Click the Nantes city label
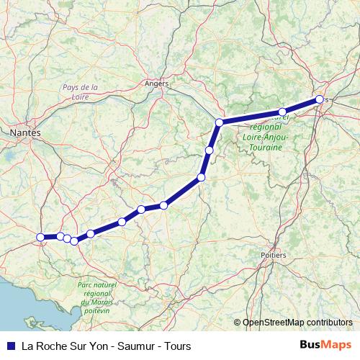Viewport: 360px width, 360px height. pyautogui.click(x=26, y=132)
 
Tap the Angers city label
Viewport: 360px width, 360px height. pyautogui.click(x=156, y=84)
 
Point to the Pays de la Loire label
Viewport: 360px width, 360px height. pyautogui.click(x=80, y=91)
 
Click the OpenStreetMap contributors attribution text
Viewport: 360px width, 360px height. pyautogui.click(x=297, y=323)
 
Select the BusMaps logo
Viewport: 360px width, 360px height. pyautogui.click(x=325, y=346)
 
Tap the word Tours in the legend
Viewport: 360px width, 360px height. pyautogui.click(x=177, y=346)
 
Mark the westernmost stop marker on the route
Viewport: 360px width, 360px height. pyautogui.click(x=40, y=237)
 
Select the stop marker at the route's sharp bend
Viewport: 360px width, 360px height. pyautogui.click(x=219, y=122)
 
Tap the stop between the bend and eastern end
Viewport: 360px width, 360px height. pyautogui.click(x=282, y=112)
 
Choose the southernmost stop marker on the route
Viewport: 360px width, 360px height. pyautogui.click(x=74, y=240)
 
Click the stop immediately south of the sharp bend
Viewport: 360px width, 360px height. pyautogui.click(x=209, y=150)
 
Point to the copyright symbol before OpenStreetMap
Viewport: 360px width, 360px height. pyautogui.click(x=237, y=323)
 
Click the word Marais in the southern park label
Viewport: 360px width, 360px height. pyautogui.click(x=99, y=303)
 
